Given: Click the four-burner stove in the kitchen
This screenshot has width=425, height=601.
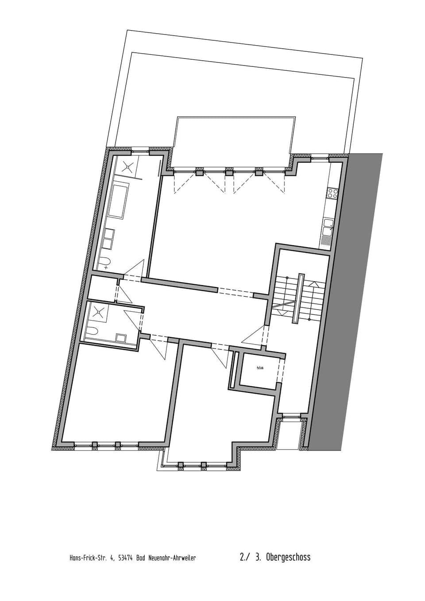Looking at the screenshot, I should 332,193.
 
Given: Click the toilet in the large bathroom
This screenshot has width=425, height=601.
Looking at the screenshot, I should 105,263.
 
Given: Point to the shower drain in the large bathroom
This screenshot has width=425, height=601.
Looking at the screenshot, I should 128,167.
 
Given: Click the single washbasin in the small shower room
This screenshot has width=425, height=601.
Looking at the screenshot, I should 120,337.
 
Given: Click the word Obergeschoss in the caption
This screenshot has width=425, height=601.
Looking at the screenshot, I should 288,557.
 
